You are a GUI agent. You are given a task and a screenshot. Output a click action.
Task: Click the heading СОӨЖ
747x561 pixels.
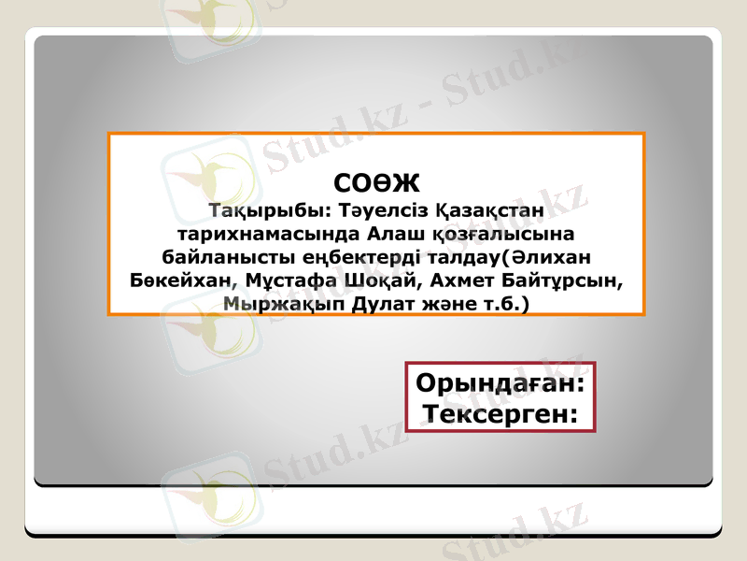(376, 181)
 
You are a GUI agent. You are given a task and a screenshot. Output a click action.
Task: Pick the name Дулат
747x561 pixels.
(370, 304)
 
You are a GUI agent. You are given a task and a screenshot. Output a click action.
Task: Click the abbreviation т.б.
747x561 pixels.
(497, 304)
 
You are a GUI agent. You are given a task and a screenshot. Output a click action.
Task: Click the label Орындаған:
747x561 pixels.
(500, 383)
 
